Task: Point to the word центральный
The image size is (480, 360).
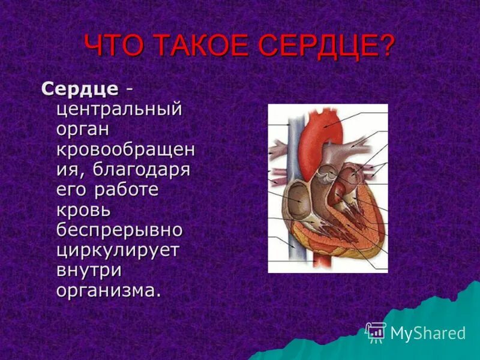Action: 119,110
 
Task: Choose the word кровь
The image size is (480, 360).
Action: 83,211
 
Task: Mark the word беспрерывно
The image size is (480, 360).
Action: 119,230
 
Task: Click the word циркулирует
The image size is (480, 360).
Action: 118,250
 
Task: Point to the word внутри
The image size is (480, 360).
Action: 89,271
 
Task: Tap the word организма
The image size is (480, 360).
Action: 108,290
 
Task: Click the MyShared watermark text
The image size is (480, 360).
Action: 428,333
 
